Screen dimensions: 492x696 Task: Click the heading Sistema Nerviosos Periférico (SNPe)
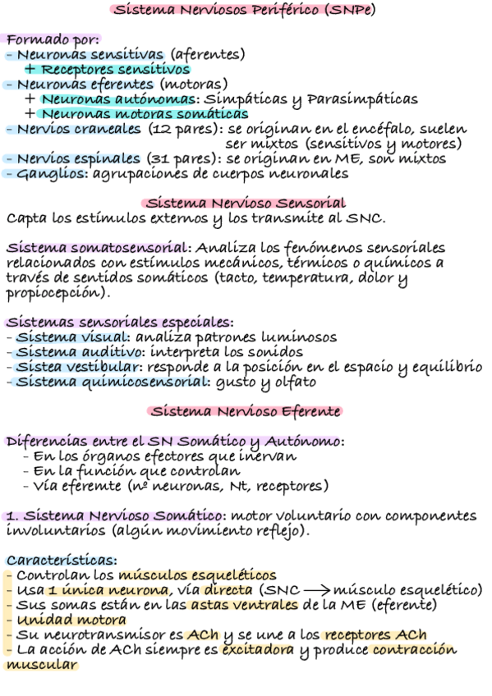pos(246,11)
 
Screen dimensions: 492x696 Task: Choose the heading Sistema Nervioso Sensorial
pos(246,203)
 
